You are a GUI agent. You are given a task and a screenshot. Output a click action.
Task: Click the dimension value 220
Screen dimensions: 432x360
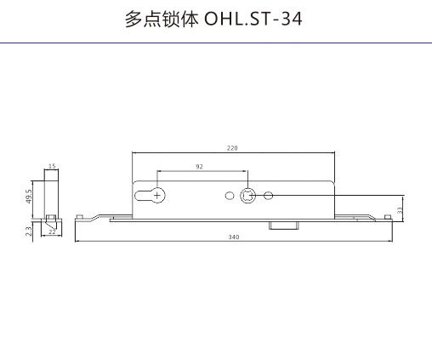(232, 148)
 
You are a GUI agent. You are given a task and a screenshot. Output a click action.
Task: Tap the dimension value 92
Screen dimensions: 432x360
(199, 167)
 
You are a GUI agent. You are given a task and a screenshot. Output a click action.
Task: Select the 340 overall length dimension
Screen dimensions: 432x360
(234, 237)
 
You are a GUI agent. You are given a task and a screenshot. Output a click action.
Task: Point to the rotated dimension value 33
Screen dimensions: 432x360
(400, 210)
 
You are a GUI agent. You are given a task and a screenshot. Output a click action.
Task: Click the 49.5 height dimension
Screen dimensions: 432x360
(29, 196)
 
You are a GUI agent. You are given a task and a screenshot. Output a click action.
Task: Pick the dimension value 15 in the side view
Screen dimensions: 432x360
(52, 166)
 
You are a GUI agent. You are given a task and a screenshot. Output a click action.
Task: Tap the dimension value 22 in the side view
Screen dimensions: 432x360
(52, 231)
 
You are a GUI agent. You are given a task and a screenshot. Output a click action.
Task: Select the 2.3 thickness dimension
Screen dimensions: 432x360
(29, 231)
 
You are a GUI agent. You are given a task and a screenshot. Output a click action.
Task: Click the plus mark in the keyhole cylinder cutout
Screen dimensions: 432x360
(156, 196)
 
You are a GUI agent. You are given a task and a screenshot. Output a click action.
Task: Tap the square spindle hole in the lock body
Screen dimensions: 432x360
(248, 196)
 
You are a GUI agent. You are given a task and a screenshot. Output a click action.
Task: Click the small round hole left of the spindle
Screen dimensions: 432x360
(230, 196)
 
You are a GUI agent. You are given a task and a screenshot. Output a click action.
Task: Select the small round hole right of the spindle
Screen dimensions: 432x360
(268, 196)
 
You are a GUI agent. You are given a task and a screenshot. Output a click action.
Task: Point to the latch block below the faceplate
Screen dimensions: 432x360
(284, 226)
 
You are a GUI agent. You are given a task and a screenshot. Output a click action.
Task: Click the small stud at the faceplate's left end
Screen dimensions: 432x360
(79, 217)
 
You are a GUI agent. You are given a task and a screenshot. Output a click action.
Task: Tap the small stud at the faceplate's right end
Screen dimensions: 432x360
(387, 217)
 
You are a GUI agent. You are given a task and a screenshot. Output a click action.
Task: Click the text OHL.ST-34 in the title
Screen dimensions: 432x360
(253, 20)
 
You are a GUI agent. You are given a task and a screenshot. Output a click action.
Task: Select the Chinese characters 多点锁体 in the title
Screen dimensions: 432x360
(162, 20)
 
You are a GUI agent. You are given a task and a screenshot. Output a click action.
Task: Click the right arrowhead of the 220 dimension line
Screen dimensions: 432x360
(333, 152)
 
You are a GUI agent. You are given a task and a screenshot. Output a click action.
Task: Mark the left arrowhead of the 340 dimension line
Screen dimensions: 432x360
(77, 242)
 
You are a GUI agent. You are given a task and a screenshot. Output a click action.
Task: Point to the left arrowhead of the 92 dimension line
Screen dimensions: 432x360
(159, 171)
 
